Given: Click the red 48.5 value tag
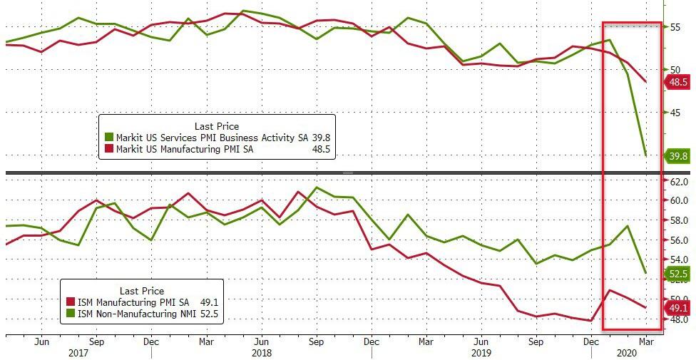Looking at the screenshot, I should pos(678,82).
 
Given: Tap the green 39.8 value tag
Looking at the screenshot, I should pos(678,156).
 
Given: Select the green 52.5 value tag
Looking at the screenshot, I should pos(678,273).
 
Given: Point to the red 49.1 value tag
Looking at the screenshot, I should pos(678,307).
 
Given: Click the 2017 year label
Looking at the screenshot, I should pos(78,353).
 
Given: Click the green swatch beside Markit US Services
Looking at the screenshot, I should pos(108,138).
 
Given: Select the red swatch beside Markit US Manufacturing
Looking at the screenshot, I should pos(108,149).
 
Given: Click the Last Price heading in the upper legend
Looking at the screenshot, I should pos(217,126).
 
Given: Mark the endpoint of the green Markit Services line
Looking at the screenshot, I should pos(645,155).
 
